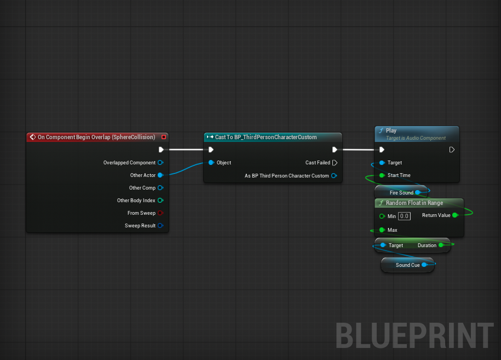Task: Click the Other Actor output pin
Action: point(160,175)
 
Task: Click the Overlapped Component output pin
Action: point(160,163)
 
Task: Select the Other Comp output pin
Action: point(160,188)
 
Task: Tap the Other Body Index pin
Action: point(160,201)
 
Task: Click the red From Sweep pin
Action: point(160,213)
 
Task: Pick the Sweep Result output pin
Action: point(160,226)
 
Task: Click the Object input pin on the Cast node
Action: point(211,163)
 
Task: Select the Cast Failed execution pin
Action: point(335,163)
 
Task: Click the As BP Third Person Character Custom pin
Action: point(334,176)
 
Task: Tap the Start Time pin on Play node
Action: point(382,175)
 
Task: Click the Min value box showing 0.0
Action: point(404,216)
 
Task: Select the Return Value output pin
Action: point(454,215)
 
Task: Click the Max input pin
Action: point(382,230)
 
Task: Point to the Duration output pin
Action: point(441,245)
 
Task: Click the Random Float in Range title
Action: point(414,203)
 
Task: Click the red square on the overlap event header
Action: point(163,137)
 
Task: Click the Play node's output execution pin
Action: point(452,150)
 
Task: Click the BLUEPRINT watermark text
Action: point(414,335)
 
